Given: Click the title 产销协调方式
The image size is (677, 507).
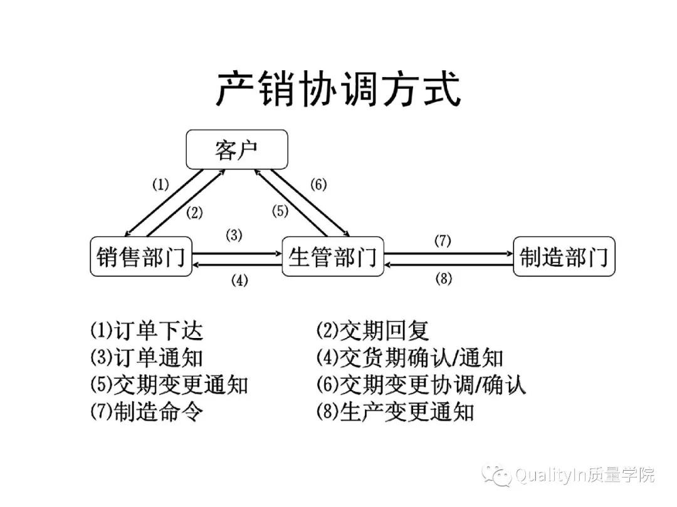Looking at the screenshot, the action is point(338,90).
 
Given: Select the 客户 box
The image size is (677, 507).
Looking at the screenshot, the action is point(236,149).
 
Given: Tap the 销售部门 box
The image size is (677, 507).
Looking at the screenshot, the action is point(141,257).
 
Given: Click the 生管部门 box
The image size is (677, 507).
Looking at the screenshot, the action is point(332,257).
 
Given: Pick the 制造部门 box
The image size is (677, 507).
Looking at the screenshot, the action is point(564,257).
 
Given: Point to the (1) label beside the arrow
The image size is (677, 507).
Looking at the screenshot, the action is point(160,185).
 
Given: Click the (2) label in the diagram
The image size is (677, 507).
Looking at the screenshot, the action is point(194,212).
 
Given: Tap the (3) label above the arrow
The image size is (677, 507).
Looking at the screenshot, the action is point(234,235).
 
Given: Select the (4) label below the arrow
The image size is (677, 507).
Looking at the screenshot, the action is point(239,280).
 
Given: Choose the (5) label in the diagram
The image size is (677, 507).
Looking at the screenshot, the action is point(280,211).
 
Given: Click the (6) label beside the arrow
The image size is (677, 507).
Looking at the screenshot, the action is point(318,185).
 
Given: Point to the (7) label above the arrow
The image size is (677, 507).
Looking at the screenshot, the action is point(443,240).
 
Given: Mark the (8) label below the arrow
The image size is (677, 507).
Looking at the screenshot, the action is point(444,279).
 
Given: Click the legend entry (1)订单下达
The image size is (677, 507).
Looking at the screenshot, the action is point(146,330).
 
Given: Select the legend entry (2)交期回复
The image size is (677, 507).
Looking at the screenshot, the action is point(372,330).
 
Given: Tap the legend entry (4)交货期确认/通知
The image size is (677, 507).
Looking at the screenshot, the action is point(410,357).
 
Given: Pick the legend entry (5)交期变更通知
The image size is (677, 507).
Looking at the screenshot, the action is point(169,384).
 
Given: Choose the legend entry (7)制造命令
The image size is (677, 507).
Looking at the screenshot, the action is point(146,411).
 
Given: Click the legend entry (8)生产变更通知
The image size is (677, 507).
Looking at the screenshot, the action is point(395,411).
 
